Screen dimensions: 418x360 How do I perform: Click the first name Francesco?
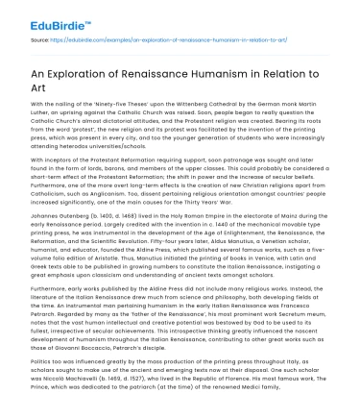point(318,327)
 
